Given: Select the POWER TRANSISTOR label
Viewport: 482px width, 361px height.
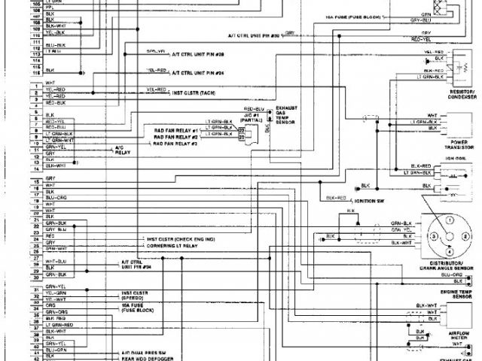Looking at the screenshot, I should tap(459, 144).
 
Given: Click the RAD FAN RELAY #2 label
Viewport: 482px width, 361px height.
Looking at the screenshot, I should tap(175, 136).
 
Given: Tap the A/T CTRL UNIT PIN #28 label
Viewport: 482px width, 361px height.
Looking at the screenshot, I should tap(199, 54).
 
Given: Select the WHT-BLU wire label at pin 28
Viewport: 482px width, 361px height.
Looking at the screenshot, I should tap(56, 260).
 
